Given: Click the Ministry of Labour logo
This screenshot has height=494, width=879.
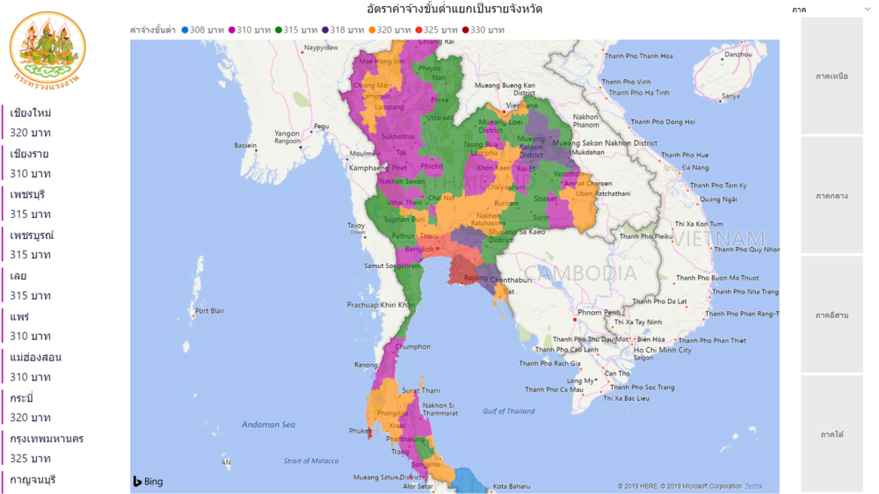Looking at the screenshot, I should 47,48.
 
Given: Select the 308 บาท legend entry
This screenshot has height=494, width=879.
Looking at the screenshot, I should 203,30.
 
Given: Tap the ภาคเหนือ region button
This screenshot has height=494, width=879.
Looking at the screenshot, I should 832,76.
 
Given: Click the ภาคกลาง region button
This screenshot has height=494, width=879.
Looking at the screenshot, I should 832,196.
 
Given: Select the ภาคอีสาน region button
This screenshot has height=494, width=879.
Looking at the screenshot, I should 832,315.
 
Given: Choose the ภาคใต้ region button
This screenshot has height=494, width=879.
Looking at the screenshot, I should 832,434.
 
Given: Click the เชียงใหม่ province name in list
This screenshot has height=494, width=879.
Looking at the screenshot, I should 31,113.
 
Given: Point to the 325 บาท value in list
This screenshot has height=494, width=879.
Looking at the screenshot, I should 31,459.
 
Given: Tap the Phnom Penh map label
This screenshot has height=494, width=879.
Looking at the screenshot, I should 599,312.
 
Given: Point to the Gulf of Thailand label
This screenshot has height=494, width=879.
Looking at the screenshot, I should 509,411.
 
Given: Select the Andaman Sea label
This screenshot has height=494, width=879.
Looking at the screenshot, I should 268,425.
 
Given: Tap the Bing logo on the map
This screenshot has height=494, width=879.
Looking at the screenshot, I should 149,482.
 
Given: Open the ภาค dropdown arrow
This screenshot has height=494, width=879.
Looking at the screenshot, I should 868,10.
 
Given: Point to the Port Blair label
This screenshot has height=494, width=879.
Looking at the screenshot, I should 210,311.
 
